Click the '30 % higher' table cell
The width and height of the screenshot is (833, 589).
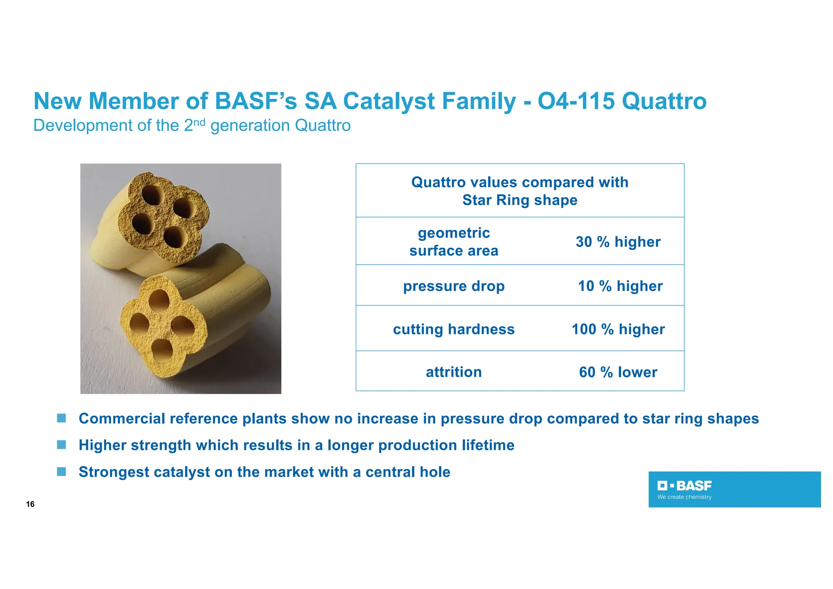coord(618,242)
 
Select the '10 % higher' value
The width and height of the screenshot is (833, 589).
coord(620,286)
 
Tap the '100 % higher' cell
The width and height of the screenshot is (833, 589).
coord(618,329)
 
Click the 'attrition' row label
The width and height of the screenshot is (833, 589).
coord(454,372)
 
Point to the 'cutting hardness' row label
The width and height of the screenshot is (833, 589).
coord(454,329)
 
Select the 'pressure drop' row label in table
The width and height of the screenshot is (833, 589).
coord(454,286)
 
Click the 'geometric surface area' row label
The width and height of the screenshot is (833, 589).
coord(454,242)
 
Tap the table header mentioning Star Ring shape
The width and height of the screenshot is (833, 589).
coord(519,191)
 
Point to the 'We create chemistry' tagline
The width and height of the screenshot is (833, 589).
coord(685,497)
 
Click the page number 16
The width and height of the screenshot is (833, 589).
coord(30,504)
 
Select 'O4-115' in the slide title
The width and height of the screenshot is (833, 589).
coord(576,101)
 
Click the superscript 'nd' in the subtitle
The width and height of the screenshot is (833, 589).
coord(199,122)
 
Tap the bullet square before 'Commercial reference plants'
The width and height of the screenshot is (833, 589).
coord(61,418)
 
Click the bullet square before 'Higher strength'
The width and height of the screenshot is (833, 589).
coord(61,445)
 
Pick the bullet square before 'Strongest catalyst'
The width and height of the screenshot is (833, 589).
coord(61,471)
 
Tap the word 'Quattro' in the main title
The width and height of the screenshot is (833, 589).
coord(664,101)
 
